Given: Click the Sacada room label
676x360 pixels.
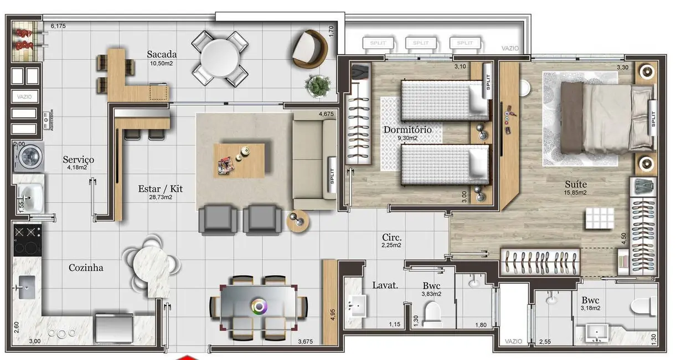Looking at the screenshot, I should click(162, 54).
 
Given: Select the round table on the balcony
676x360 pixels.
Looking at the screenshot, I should click(220, 58).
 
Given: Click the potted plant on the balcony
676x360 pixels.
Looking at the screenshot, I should click(316, 85).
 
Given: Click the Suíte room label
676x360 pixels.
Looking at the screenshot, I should click(576, 184).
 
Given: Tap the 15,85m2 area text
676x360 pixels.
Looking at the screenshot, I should click(575, 193).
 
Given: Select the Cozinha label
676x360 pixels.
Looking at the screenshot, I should click(86, 268).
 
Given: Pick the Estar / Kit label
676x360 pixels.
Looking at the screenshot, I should click(160, 189).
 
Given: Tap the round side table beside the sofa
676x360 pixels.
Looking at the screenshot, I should click(298, 221).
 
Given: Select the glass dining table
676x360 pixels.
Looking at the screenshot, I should click(258, 305).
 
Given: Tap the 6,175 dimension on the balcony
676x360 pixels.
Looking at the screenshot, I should click(58, 25).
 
